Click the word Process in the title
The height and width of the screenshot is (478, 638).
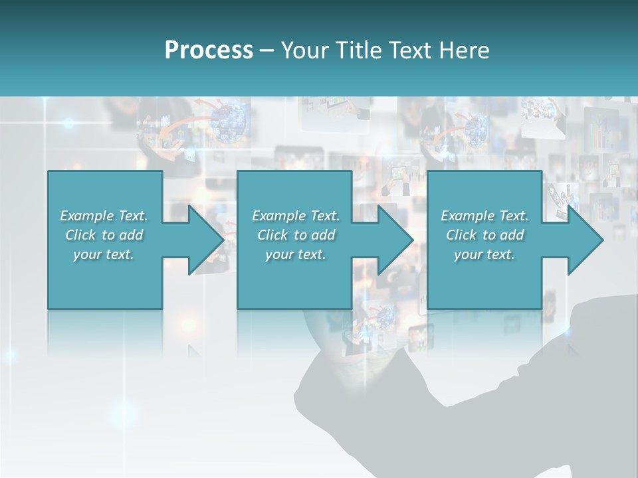(209, 50)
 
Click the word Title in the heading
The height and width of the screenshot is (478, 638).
(359, 50)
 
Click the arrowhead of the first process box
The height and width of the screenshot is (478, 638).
(206, 240)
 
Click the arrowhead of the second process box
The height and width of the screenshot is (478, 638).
(395, 240)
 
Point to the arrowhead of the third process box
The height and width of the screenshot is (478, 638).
(585, 240)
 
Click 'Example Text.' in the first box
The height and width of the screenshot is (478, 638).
(104, 216)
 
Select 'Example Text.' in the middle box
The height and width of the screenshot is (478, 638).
(296, 216)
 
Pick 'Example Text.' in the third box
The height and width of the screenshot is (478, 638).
(484, 216)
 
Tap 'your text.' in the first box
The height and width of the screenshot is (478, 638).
(104, 254)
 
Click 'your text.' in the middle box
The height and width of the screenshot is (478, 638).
(296, 254)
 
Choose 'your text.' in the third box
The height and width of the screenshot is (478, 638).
(484, 254)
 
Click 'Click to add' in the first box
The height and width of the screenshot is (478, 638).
(104, 235)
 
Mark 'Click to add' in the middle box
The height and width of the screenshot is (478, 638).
(296, 235)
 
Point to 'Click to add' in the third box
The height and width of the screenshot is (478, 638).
(484, 235)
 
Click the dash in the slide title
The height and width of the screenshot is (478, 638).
(267, 51)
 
